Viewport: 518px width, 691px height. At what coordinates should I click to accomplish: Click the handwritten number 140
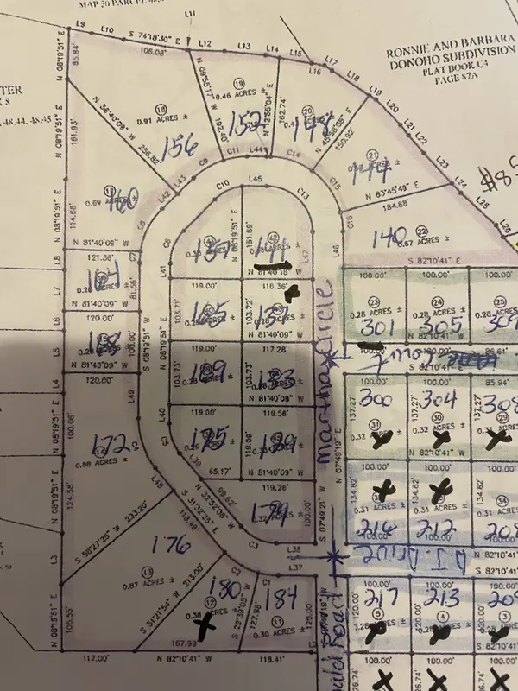[x=388, y=235]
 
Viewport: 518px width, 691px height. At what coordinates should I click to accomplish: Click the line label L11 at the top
[x=191, y=14]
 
